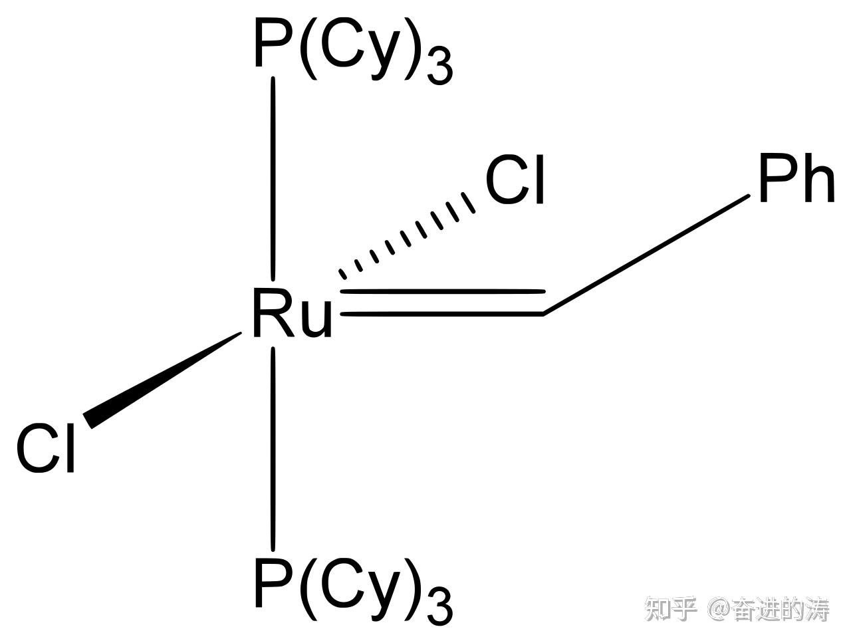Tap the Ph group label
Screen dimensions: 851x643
(795, 180)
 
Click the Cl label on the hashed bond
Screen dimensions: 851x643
(515, 182)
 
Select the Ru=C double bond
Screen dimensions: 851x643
(442, 302)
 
